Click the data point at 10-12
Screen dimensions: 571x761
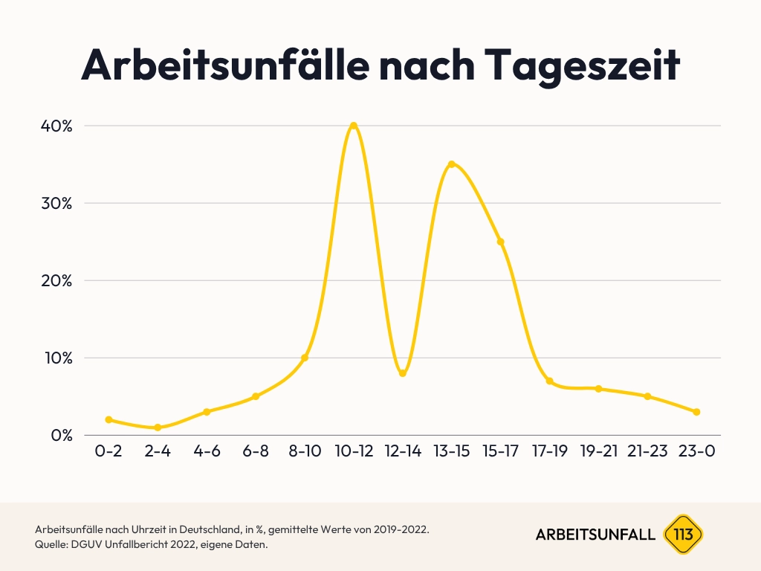[x=354, y=126]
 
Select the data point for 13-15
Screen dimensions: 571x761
[x=451, y=164]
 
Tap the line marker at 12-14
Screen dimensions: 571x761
[x=403, y=373]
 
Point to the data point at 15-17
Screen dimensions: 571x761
[x=501, y=242]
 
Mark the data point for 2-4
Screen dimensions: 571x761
[x=158, y=428]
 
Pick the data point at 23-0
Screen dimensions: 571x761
[x=696, y=412]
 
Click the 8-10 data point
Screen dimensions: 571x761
[x=305, y=358]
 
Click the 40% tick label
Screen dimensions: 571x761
[x=56, y=126]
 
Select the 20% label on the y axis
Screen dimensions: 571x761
[x=56, y=280]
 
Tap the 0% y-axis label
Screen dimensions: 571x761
[x=60, y=435]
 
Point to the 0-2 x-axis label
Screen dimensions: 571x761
[x=109, y=452]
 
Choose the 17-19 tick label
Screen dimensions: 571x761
[x=550, y=452]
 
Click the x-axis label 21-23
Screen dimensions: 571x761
[x=647, y=452]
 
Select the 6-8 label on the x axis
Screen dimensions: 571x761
[x=256, y=452]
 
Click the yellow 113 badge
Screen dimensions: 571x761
[x=682, y=534]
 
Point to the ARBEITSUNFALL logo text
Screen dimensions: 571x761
[x=595, y=535]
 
